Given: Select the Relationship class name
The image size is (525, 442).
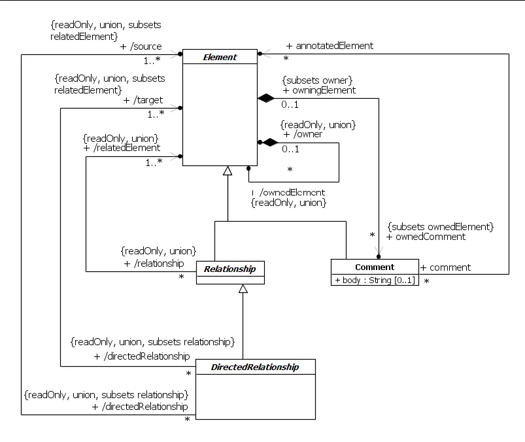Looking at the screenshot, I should (x=230, y=268).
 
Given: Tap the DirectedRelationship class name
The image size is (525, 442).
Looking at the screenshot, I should (x=255, y=367).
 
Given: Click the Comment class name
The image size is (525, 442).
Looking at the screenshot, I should (x=375, y=267).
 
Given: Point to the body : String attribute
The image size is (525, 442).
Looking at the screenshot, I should (x=375, y=280).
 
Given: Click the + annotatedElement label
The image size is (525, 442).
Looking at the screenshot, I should (x=330, y=46).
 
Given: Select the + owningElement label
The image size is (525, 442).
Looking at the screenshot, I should (x=319, y=90).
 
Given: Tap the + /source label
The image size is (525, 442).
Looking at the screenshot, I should (x=141, y=47).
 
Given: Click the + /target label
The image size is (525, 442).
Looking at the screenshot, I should (x=143, y=100).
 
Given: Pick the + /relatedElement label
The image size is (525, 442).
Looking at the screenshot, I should (x=122, y=148).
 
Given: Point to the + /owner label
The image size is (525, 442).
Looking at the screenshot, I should (x=303, y=134).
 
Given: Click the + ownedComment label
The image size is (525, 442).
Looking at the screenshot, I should (x=426, y=237).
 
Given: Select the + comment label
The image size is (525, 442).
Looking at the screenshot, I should (x=445, y=267).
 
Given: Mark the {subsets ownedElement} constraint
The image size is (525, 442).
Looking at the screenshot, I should (x=439, y=226).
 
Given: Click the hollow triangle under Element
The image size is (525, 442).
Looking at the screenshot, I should (x=227, y=171).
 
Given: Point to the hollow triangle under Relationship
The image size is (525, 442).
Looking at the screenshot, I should (x=243, y=289).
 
